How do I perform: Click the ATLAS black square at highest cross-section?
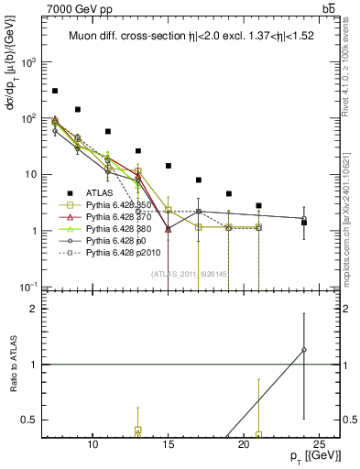pyautogui.click(x=55, y=91)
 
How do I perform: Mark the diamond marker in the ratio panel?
pyautogui.click(x=304, y=350)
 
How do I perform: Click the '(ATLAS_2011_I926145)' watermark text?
pyautogui.click(x=189, y=272)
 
